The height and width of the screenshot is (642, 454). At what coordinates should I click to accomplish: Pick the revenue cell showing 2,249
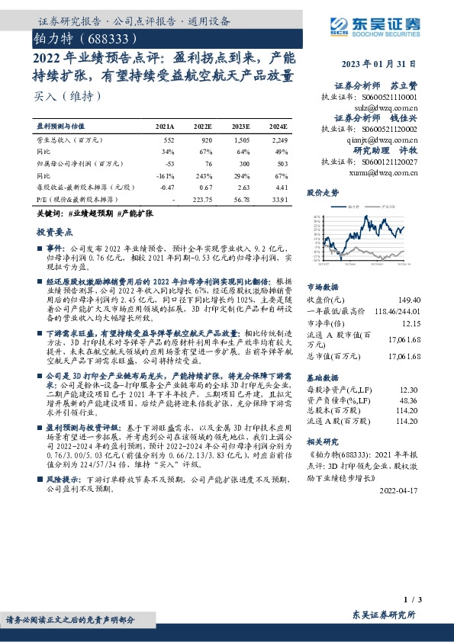[279, 141]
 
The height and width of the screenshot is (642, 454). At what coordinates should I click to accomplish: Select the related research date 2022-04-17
[399, 491]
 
